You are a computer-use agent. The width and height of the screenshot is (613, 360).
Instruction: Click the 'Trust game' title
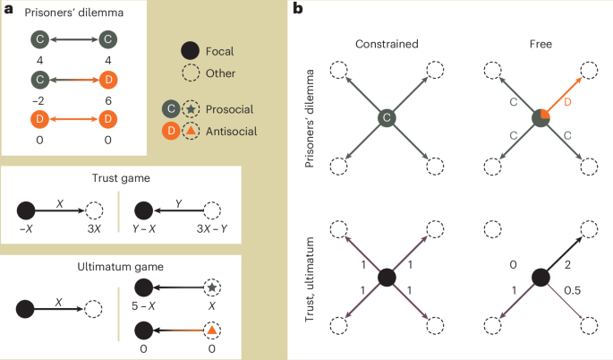coord(121,178)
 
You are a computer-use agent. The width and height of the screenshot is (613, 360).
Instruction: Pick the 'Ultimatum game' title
coord(121,268)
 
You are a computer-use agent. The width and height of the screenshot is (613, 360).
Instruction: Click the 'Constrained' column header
coord(386,44)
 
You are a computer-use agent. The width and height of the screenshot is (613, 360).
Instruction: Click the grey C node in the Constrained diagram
coord(386,117)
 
